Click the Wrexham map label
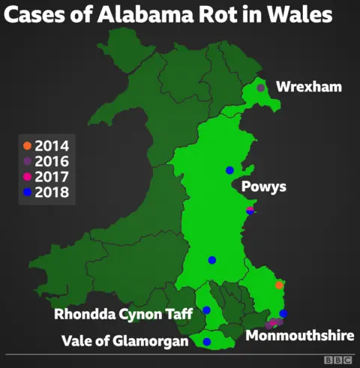[x=308, y=88]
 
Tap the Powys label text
[x=263, y=185]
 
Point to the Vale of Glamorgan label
[x=125, y=342]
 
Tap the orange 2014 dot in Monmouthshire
[x=279, y=285]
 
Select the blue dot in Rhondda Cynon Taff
[x=206, y=310]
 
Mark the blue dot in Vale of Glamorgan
[x=206, y=342]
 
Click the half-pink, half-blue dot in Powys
[x=250, y=211]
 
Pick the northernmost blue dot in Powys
[x=229, y=170]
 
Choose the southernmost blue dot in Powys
[x=211, y=260]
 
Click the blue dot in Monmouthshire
[x=283, y=313]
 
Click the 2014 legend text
[x=52, y=145]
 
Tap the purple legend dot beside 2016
[x=27, y=161]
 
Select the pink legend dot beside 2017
[x=27, y=177]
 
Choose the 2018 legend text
[x=52, y=193]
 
